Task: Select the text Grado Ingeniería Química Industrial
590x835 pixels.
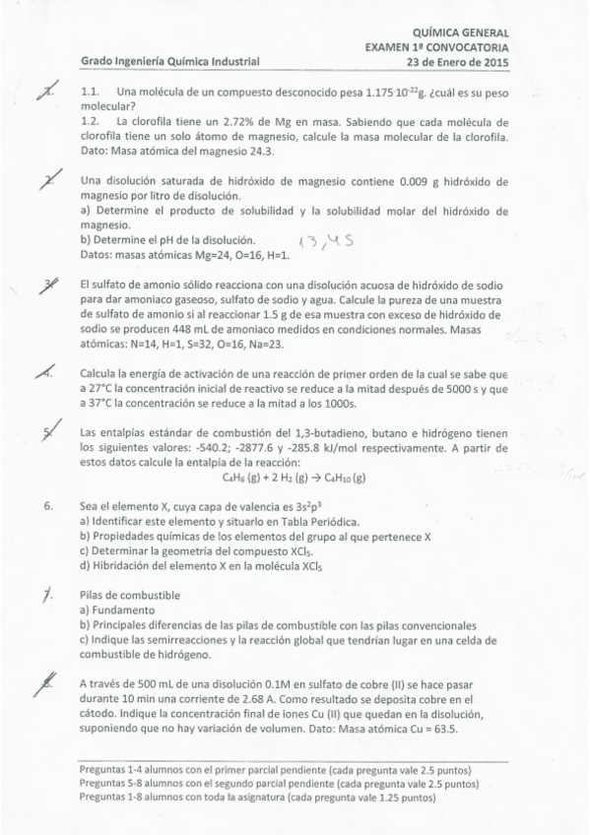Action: [169, 61]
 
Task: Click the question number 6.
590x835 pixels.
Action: [48, 507]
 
